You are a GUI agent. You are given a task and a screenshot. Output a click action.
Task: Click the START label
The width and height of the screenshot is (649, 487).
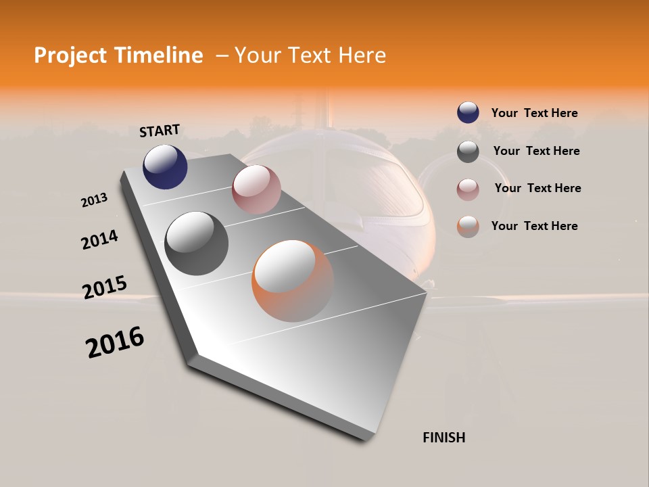pos(160,131)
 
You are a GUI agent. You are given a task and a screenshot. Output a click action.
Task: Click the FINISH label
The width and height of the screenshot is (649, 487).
pos(444,438)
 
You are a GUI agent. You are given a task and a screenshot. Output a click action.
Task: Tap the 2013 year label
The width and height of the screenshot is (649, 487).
pos(94,200)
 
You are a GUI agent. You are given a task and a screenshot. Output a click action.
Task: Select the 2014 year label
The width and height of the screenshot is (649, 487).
pos(99,239)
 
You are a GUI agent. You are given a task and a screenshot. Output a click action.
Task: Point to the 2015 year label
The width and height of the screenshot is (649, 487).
pos(105,287)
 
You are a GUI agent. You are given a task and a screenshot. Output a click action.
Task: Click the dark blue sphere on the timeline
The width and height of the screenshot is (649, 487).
pos(165,167)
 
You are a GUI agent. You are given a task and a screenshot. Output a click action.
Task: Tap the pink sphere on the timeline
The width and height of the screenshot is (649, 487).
pos(256,189)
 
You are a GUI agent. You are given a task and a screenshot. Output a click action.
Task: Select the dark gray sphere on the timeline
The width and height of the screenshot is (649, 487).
pos(197,243)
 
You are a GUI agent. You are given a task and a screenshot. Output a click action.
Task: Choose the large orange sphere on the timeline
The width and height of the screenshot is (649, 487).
pos(293,281)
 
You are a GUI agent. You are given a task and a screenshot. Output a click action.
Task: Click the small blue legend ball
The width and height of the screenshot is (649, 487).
pos(468,113)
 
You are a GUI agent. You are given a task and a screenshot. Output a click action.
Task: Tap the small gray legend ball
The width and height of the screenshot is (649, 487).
pos(468,152)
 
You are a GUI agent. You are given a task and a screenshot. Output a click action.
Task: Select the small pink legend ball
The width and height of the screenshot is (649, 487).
pos(468,189)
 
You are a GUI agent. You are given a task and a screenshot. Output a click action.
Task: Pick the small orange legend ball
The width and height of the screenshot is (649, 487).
pos(468,227)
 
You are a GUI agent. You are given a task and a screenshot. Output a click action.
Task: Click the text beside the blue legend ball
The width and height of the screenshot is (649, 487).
pos(534,113)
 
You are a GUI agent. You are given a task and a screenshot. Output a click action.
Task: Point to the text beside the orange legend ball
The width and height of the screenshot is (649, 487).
pos(534,226)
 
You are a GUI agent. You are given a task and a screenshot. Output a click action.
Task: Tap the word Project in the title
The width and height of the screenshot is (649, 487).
pos(70,55)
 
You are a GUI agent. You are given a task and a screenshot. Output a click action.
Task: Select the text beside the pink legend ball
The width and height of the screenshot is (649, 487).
pos(537,188)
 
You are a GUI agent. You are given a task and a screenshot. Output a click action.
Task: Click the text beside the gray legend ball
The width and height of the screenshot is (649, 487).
pos(536,151)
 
